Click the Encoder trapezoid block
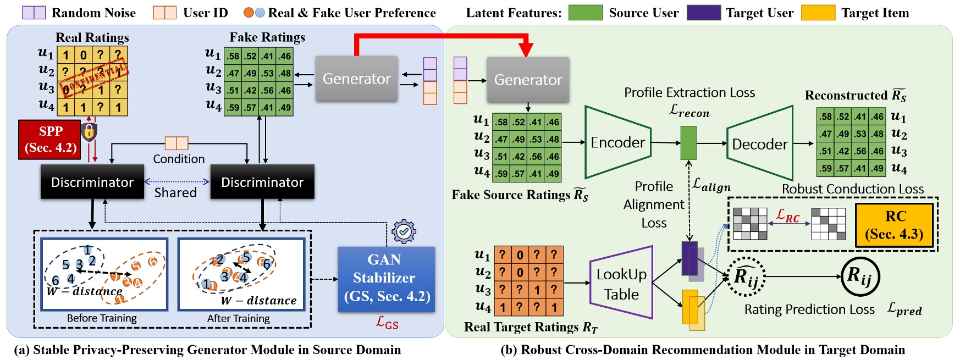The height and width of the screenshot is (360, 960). pyautogui.click(x=617, y=142)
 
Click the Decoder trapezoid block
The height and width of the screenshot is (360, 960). pyautogui.click(x=760, y=144)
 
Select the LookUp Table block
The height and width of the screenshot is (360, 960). pyautogui.click(x=621, y=283)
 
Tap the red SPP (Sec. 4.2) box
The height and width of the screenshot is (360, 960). pyautogui.click(x=50, y=140)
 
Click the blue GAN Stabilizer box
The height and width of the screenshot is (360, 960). pyautogui.click(x=386, y=279)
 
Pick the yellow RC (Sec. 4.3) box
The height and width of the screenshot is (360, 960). pyautogui.click(x=895, y=225)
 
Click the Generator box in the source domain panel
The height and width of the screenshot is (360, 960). pyautogui.click(x=356, y=79)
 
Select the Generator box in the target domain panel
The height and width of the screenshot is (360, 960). pyautogui.click(x=528, y=80)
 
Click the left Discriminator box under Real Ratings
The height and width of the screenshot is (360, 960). pyautogui.click(x=92, y=182)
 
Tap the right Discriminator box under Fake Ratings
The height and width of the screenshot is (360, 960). pyautogui.click(x=262, y=182)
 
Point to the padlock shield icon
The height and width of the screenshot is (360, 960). pyautogui.click(x=89, y=132)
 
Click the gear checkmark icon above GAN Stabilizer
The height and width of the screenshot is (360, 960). pyautogui.click(x=404, y=232)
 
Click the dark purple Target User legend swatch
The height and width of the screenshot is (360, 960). pyautogui.click(x=703, y=13)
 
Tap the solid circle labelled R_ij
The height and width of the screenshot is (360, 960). pyautogui.click(x=860, y=276)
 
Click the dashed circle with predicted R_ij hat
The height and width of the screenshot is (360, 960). pyautogui.click(x=747, y=276)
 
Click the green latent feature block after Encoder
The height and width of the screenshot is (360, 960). pyautogui.click(x=688, y=143)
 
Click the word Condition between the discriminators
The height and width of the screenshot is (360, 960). pyautogui.click(x=179, y=159)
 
